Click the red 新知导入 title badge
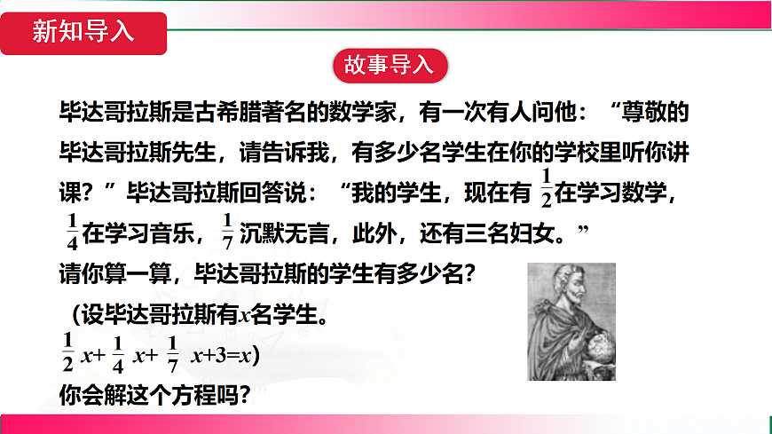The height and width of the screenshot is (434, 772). [83, 32]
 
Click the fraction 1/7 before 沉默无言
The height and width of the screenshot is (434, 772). [227, 233]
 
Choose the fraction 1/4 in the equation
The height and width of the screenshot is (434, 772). [116, 351]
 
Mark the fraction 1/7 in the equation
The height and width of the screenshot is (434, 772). [172, 351]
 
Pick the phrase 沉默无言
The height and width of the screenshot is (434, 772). [286, 235]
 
